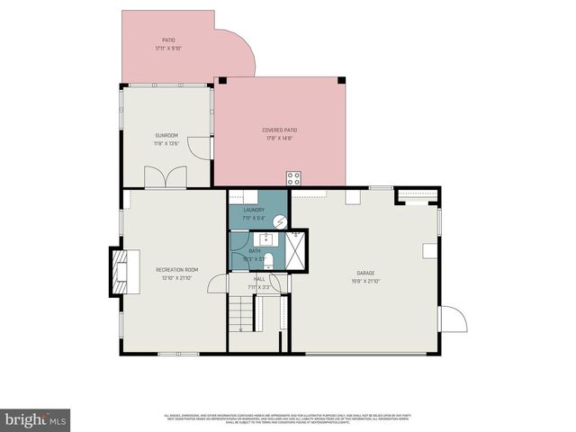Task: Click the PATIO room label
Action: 168,40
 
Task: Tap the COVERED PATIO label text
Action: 279,130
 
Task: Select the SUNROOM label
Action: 166,135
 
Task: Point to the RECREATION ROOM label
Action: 176,270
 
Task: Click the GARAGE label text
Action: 364,273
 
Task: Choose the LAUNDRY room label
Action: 254,210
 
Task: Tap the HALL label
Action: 259,279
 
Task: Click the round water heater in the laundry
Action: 279,219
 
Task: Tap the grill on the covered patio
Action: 293,177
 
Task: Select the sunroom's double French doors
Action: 166,177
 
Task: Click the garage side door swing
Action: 452,320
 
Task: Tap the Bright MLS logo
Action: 35,419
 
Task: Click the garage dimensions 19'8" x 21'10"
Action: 364,281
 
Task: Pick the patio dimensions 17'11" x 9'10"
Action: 168,49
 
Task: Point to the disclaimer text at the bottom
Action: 287,417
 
